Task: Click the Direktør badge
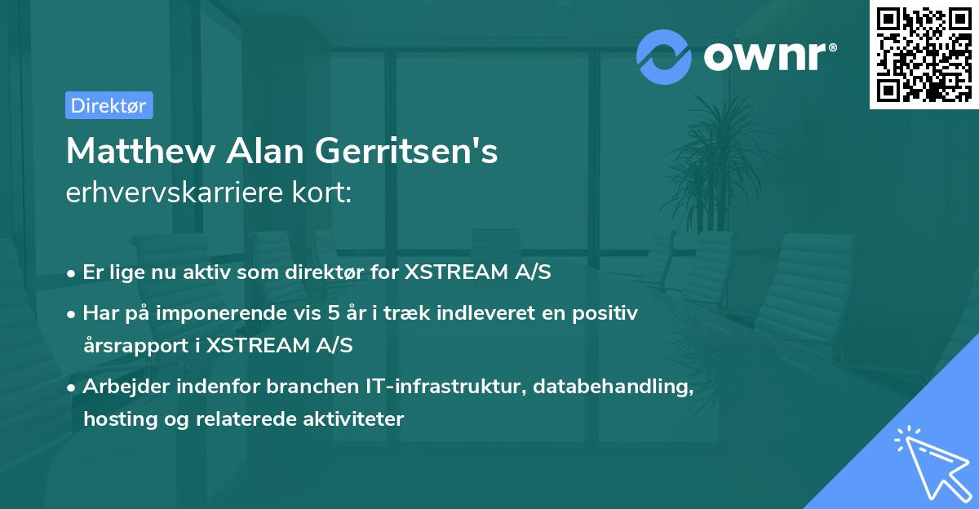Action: click(109, 105)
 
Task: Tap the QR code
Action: click(924, 54)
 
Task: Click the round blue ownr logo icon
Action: click(664, 56)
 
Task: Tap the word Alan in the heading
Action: click(259, 151)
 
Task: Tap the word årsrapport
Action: click(136, 345)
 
